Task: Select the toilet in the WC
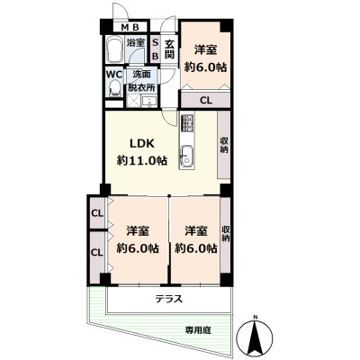pyautogui.click(x=114, y=88)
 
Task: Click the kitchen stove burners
pyautogui.click(x=187, y=123)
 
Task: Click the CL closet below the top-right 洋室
pyautogui.click(x=205, y=100)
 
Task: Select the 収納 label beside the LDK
pyautogui.click(x=223, y=144)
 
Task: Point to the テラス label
pyautogui.click(x=168, y=299)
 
